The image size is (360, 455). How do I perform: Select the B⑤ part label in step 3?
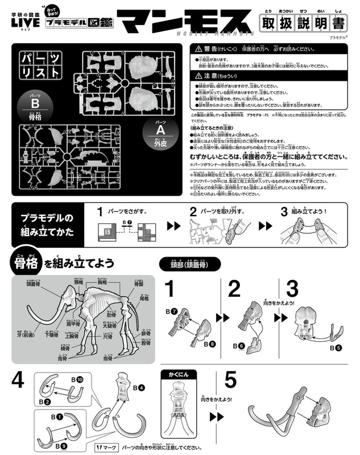pyautogui.click(x=336, y=347)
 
